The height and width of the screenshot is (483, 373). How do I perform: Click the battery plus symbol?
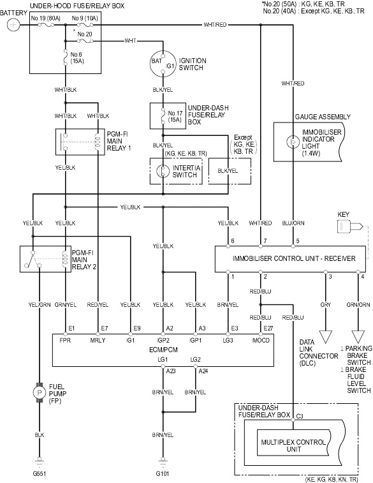point(13,25)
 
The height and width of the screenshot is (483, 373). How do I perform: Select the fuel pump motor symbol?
point(40,392)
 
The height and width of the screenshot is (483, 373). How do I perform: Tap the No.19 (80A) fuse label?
point(45,19)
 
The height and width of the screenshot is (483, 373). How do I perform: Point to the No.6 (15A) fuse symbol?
point(65,57)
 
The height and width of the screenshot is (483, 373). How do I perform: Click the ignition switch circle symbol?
point(163,63)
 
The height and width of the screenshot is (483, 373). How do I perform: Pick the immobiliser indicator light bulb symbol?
point(293,142)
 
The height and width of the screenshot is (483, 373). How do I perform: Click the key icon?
point(350,227)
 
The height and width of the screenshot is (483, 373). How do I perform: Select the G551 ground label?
point(40,474)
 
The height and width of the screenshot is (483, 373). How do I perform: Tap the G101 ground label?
point(163,474)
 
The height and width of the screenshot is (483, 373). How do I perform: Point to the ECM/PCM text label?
point(163,350)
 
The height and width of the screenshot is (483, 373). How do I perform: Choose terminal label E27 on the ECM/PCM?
point(268,329)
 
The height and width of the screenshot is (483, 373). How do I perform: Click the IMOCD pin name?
point(261,340)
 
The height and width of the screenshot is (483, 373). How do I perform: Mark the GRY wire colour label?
point(326,304)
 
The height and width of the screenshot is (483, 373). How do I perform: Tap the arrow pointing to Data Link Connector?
point(326,337)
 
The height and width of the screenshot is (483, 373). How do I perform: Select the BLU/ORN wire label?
point(293,223)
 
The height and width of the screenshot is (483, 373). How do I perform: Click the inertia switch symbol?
point(163,171)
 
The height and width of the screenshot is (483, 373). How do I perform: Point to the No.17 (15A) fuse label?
point(175,116)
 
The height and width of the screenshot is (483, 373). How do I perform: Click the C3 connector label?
point(300,416)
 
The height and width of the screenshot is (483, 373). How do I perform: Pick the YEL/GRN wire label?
point(40,304)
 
